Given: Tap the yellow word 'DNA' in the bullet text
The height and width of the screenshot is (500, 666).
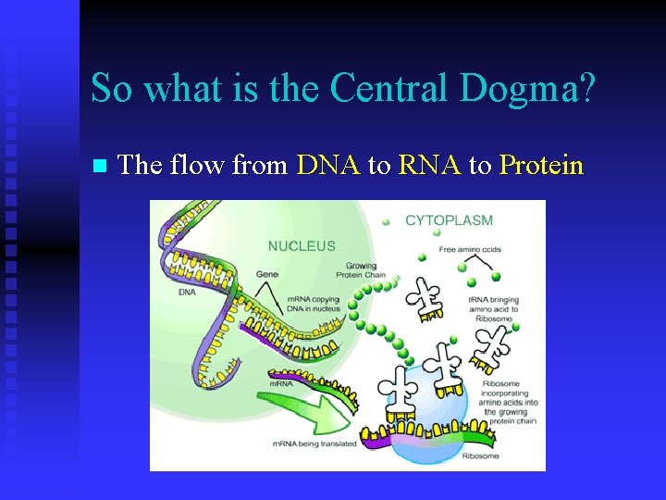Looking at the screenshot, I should [328, 166].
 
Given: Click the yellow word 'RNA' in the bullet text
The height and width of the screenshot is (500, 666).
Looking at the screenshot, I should [430, 166].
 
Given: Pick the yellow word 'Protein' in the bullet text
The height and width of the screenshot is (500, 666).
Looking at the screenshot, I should [541, 166].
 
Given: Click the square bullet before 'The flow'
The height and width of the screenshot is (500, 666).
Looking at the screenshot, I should [100, 167].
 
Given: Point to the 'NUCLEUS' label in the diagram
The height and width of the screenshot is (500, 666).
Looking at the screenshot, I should [302, 246].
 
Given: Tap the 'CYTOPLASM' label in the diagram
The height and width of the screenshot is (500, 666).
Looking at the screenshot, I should [449, 221].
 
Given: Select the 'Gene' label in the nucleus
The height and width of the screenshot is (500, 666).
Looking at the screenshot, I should [267, 275].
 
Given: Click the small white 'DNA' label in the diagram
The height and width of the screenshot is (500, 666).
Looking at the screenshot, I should [187, 292].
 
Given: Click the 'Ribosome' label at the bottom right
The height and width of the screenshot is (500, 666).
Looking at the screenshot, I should [480, 456].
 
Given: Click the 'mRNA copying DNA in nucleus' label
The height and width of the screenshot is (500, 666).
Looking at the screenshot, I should [314, 304].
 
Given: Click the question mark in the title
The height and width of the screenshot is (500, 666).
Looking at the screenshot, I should [586, 88].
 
